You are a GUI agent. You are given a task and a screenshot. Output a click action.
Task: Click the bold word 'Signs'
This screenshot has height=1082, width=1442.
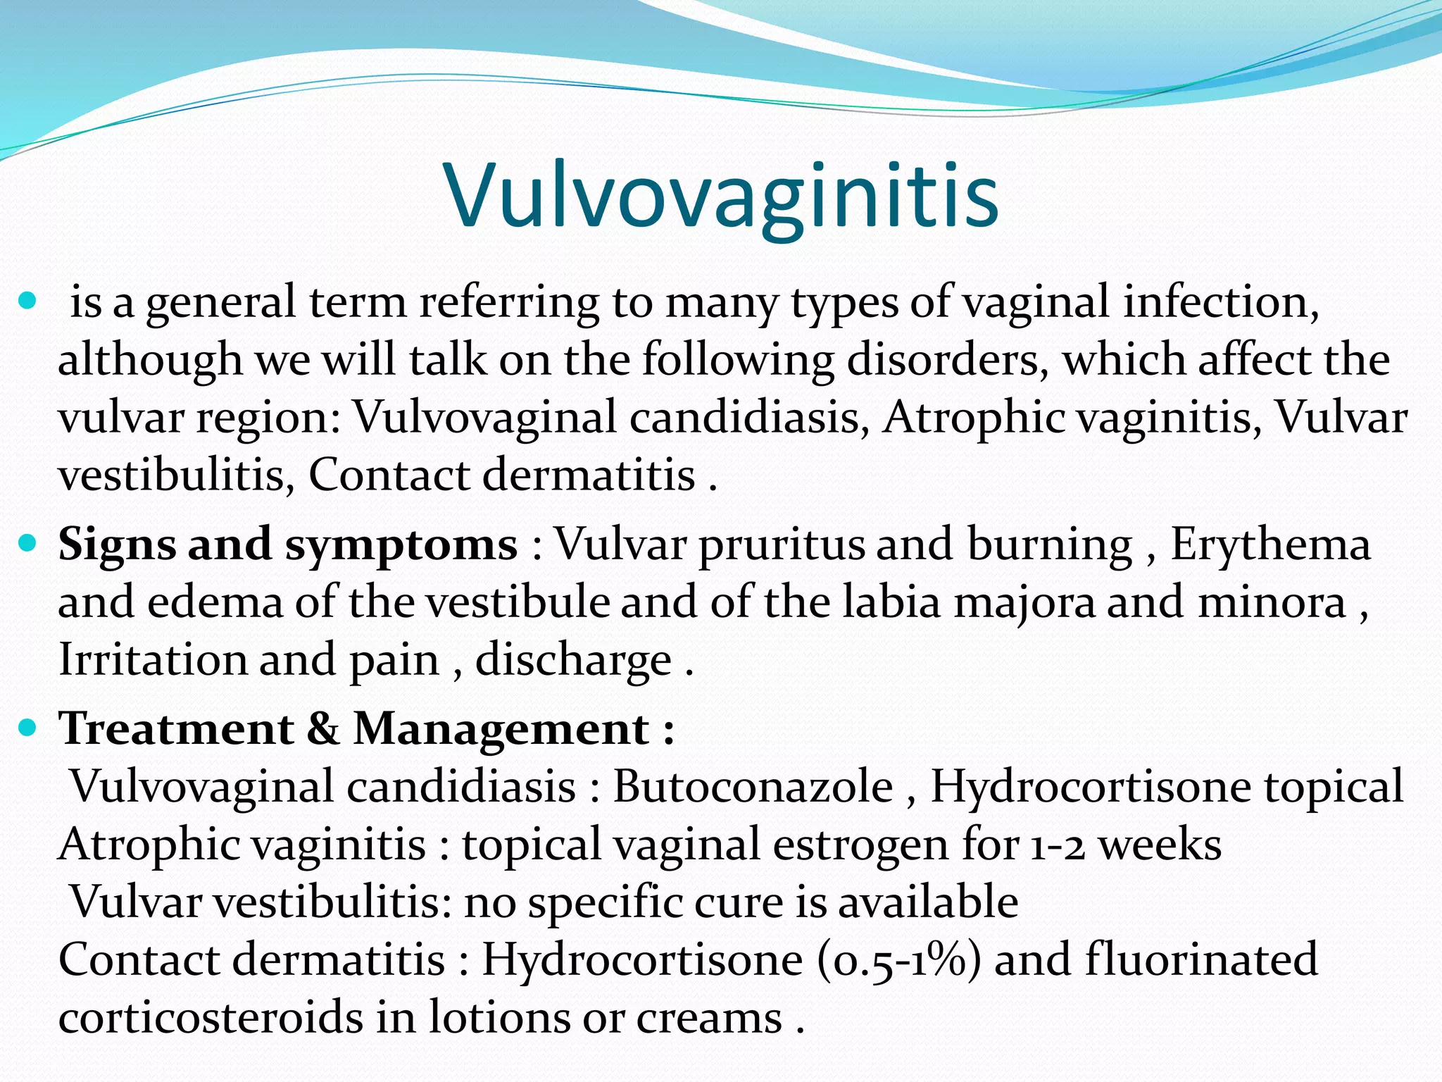(116, 545)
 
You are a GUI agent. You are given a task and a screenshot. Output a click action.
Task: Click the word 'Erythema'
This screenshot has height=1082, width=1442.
(1270, 545)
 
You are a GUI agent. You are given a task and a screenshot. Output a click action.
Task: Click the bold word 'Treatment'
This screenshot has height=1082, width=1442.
(177, 728)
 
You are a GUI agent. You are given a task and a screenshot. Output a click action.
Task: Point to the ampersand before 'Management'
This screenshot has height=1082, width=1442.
(323, 728)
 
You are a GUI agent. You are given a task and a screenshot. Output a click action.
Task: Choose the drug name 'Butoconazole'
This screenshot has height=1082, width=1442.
(753, 786)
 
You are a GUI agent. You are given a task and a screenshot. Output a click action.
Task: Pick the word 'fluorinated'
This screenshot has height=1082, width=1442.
(1200, 959)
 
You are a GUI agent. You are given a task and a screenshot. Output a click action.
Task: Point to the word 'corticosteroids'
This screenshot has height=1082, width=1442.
(210, 1017)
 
